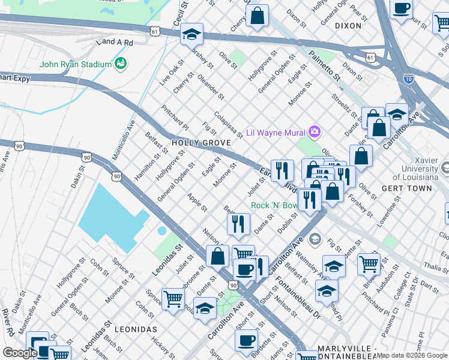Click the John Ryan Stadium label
(x=76, y=64)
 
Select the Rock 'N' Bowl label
(x=274, y=205)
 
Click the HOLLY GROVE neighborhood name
(x=201, y=143)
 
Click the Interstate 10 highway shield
(x=408, y=78)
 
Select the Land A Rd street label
(x=113, y=42)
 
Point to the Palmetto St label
(x=324, y=66)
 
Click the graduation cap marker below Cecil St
(x=191, y=34)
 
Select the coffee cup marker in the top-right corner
(x=401, y=8)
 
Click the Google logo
(x=20, y=353)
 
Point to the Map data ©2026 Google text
(x=412, y=355)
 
